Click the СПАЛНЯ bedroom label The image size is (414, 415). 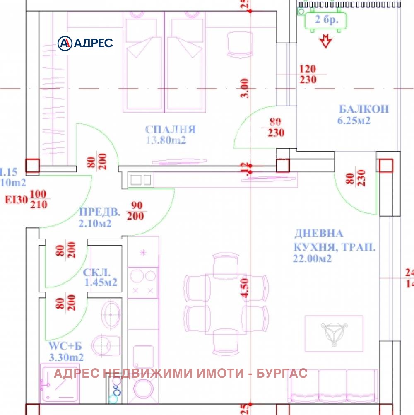(x=171, y=129)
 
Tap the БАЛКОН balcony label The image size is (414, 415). (x=364, y=109)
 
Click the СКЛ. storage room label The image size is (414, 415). (x=97, y=273)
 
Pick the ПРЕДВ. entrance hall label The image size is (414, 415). (x=99, y=213)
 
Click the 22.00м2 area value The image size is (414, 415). (x=313, y=259)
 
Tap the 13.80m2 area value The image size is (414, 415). (x=166, y=140)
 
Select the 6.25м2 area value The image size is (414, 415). (x=354, y=121)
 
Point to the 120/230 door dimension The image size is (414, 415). (x=308, y=75)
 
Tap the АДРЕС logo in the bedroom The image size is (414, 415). (x=85, y=43)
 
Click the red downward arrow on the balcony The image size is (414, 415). (x=327, y=41)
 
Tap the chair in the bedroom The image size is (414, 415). (x=240, y=45)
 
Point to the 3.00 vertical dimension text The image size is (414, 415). (x=245, y=88)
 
